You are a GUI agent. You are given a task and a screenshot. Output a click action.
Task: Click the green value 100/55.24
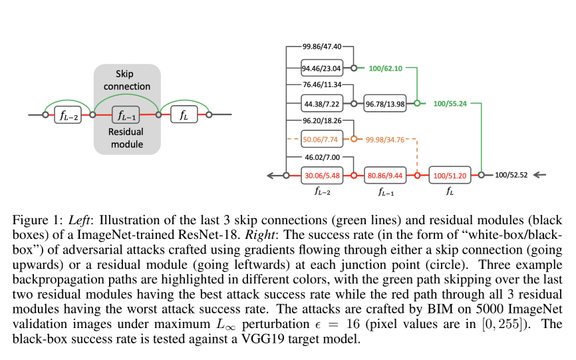tap(450, 104)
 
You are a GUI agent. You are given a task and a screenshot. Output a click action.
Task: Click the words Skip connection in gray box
tap(127, 80)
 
